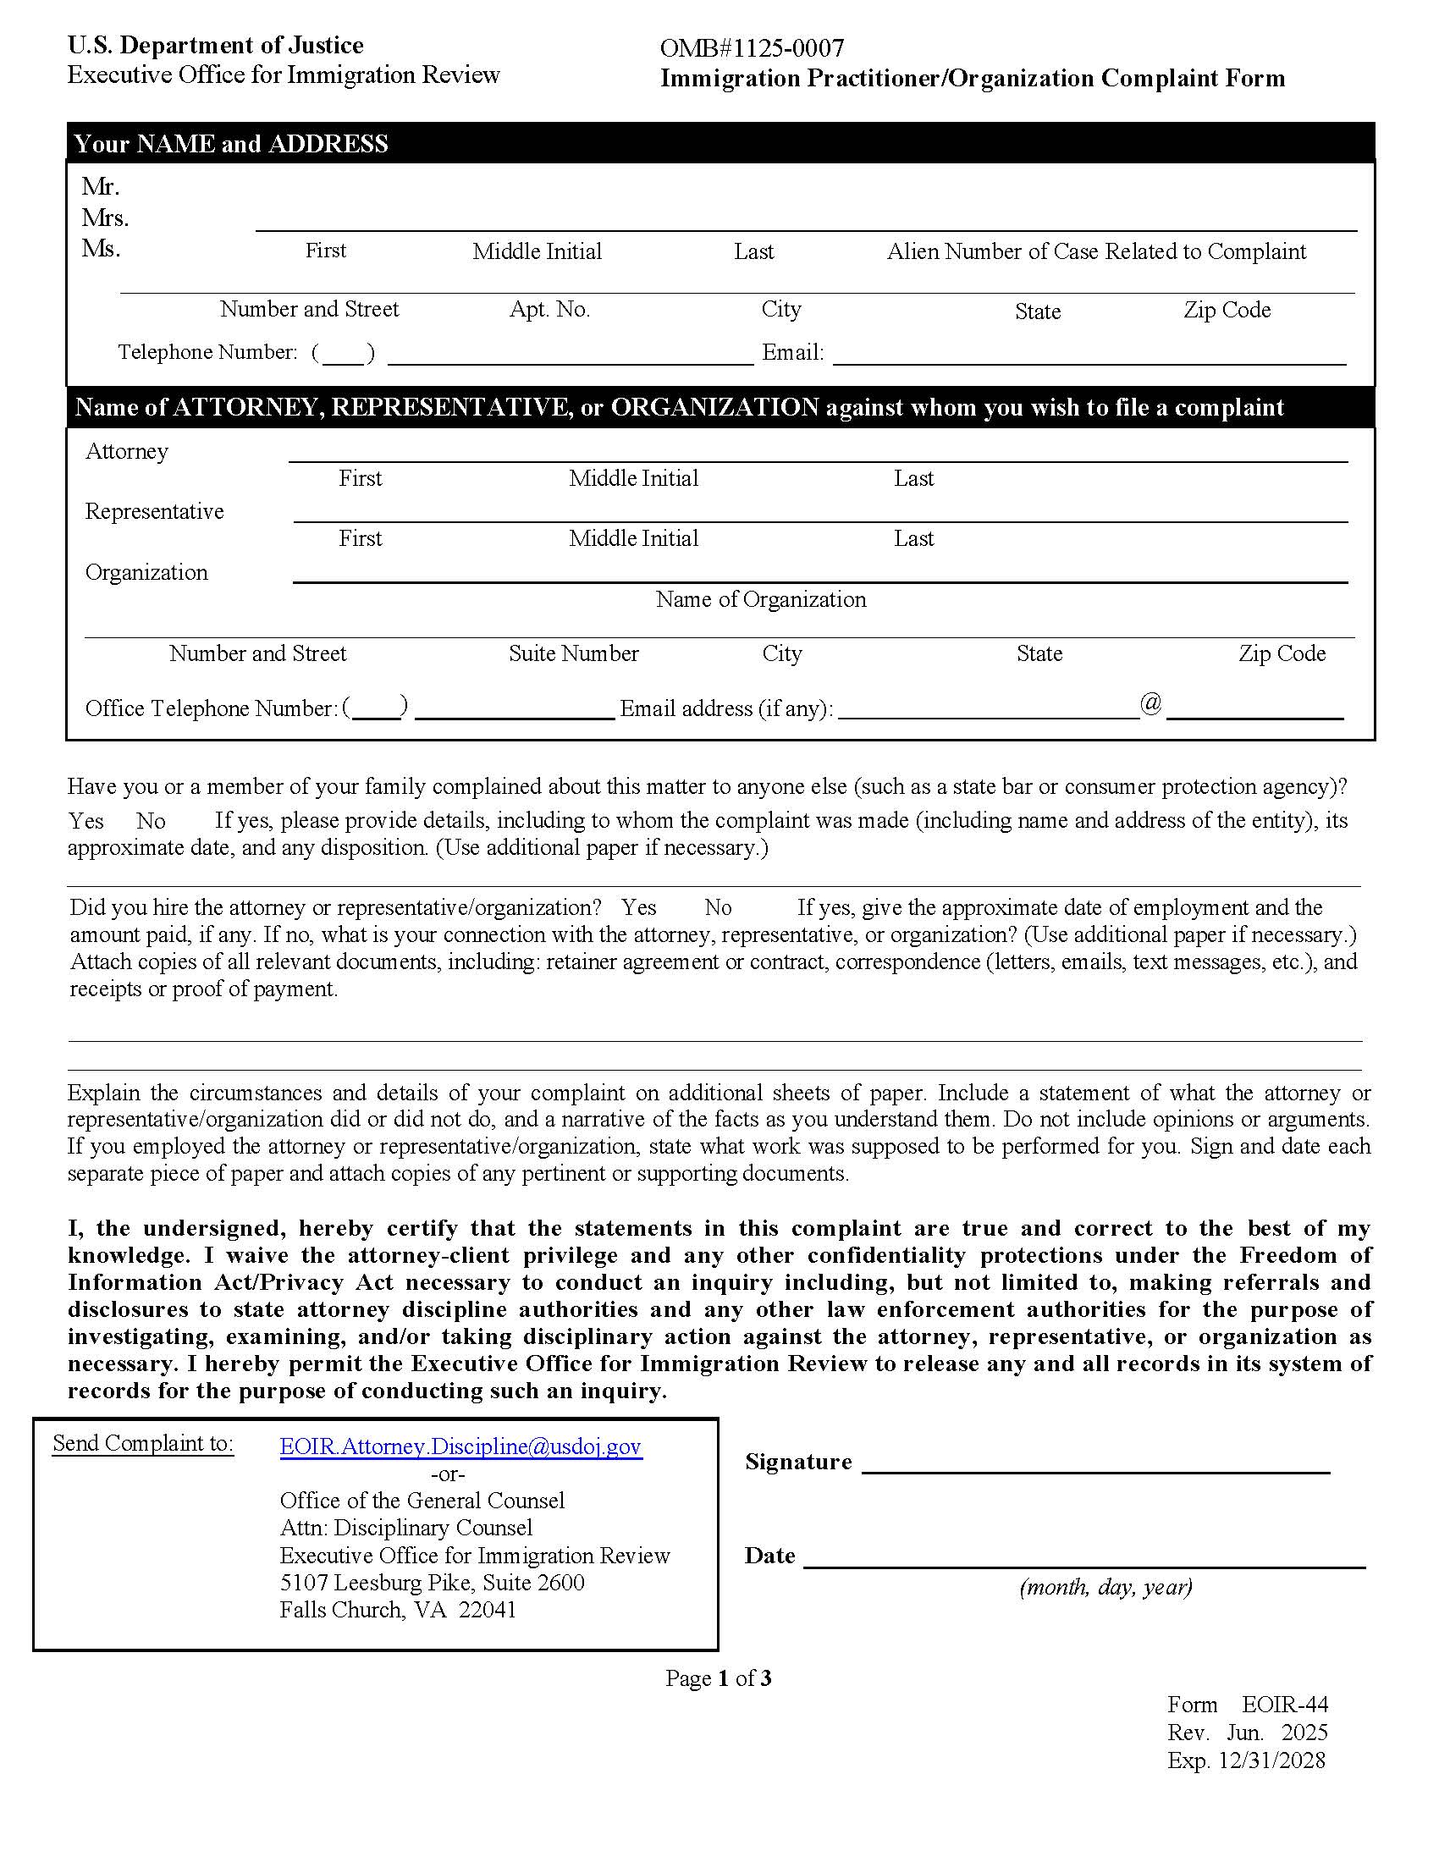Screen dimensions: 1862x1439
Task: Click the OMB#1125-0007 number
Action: click(751, 47)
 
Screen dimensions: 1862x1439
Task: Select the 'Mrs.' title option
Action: click(105, 218)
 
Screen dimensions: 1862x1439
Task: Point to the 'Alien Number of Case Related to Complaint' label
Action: click(1095, 251)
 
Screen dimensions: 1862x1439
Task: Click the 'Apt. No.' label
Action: click(549, 309)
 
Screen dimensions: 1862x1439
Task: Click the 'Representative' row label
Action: click(154, 511)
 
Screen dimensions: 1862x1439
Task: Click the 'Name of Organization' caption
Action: click(760, 599)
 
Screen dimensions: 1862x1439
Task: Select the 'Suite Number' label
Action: click(573, 654)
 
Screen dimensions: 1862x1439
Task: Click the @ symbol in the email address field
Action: click(1151, 704)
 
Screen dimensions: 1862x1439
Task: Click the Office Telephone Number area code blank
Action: click(376, 709)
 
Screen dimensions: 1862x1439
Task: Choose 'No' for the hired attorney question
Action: click(718, 907)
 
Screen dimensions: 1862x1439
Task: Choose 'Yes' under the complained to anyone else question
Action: click(86, 821)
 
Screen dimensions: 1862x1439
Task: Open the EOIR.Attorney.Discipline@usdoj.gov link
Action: click(460, 1446)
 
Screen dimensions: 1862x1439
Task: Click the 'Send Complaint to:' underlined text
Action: click(142, 1443)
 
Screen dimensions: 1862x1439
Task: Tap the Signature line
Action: click(1095, 1463)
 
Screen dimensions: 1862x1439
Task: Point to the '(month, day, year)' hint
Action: click(1105, 1587)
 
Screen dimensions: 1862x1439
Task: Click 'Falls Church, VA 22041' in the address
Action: click(398, 1610)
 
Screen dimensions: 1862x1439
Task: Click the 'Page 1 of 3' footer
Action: click(718, 1678)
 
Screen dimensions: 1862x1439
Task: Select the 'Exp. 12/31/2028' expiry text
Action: click(1245, 1760)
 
